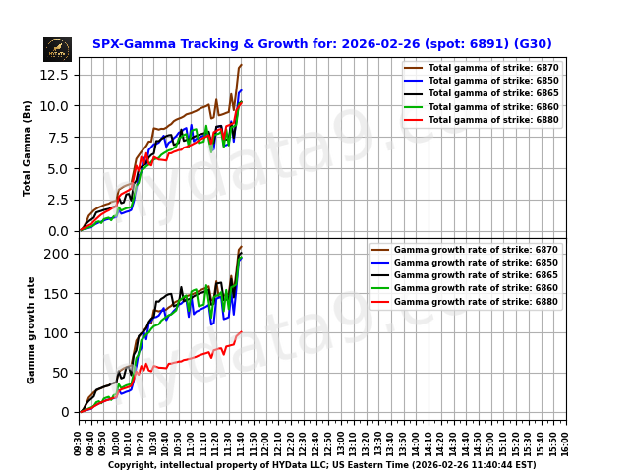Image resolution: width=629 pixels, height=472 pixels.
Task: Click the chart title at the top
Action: click(x=321, y=44)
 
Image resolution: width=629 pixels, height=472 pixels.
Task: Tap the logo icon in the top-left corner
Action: click(x=57, y=49)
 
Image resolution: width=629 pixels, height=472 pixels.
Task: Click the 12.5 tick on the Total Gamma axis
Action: click(x=55, y=75)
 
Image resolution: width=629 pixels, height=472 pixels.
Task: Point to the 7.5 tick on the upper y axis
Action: click(x=59, y=138)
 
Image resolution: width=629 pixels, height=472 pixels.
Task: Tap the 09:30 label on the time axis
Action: click(x=79, y=442)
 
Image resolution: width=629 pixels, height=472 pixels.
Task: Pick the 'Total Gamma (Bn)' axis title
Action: click(x=28, y=147)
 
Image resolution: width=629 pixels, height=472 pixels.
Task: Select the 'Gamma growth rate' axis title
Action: click(x=31, y=329)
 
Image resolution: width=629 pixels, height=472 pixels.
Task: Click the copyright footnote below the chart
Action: click(x=321, y=465)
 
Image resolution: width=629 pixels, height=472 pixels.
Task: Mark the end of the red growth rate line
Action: click(x=242, y=332)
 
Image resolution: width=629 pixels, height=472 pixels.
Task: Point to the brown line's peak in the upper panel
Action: click(x=241, y=65)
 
